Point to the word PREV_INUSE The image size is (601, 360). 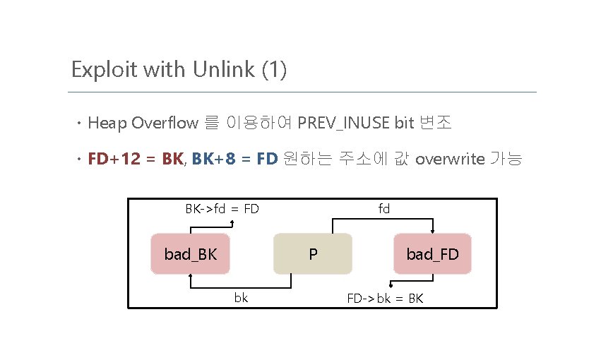344,124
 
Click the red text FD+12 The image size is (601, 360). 114,159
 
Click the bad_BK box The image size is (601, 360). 191,253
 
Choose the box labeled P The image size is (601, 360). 312,253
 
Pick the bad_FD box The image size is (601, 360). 432,253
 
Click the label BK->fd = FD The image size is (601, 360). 222,209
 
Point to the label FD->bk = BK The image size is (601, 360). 384,298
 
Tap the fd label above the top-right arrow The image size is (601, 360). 383,209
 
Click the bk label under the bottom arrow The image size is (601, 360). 241,298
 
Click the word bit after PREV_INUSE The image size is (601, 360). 404,124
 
